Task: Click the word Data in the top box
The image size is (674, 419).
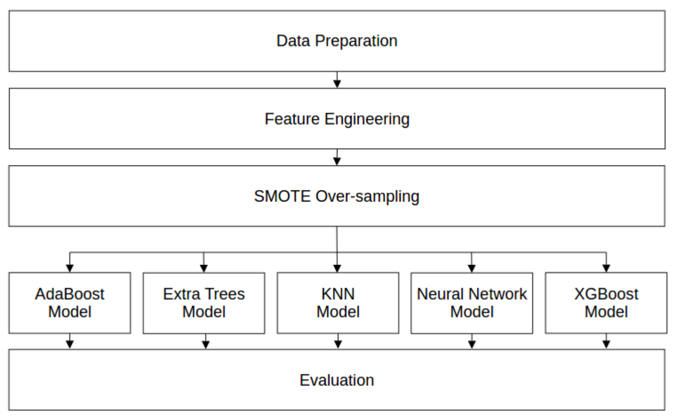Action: click(293, 41)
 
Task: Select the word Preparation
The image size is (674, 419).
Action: click(356, 41)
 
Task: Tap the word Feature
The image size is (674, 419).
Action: click(292, 119)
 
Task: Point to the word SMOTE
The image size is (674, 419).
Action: click(282, 196)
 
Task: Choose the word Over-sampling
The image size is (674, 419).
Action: click(367, 197)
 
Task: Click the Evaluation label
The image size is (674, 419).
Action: click(337, 380)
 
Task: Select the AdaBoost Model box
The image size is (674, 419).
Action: click(70, 303)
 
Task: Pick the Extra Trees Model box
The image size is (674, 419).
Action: click(204, 303)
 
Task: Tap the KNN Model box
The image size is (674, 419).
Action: click(338, 303)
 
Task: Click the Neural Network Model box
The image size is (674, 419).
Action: click(472, 303)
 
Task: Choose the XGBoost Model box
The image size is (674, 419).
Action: click(606, 303)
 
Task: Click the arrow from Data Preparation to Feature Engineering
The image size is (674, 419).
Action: click(337, 80)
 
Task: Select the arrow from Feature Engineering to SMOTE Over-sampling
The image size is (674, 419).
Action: click(337, 157)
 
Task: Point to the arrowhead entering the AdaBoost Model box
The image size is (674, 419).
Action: click(70, 268)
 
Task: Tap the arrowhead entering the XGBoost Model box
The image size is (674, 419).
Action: click(606, 268)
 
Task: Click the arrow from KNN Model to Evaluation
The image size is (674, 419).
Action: click(338, 342)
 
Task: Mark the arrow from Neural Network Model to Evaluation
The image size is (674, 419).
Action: click(472, 342)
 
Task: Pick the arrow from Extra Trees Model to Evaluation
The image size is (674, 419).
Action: click(205, 342)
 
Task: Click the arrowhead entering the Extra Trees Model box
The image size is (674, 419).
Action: click(204, 268)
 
